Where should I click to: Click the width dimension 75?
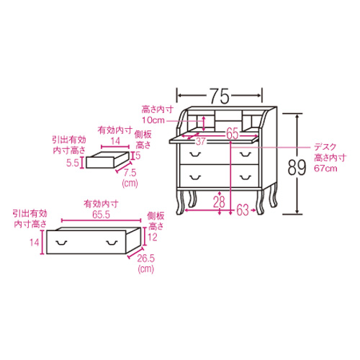(x=220, y=96)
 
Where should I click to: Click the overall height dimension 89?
(x=297, y=168)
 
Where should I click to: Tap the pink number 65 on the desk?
(x=232, y=133)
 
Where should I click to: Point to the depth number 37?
(x=200, y=141)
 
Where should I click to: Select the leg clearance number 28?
(x=219, y=202)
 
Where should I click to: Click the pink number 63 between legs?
(x=243, y=210)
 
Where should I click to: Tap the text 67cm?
(x=325, y=168)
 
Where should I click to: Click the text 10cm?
(x=153, y=120)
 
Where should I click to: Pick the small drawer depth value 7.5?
(x=130, y=173)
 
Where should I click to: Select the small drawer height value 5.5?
(x=73, y=163)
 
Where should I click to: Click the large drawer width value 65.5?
(x=101, y=215)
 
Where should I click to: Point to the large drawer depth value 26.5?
(x=145, y=258)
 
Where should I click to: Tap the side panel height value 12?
(x=153, y=237)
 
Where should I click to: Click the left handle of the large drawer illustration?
(x=62, y=243)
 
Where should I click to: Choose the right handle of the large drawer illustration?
(x=112, y=243)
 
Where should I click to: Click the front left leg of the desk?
(x=180, y=202)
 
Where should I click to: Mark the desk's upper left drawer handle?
(x=195, y=154)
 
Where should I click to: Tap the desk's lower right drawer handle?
(x=246, y=177)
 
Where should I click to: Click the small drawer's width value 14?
(x=115, y=141)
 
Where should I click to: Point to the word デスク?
(x=325, y=147)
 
